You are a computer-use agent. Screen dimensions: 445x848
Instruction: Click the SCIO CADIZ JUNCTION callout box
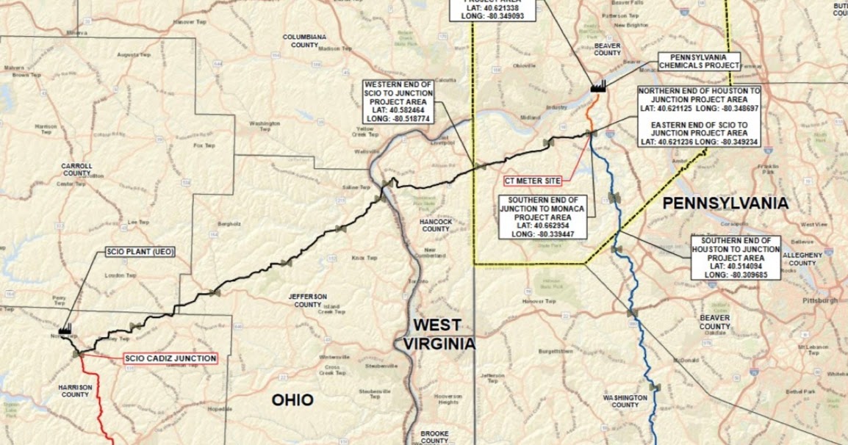tap(170, 358)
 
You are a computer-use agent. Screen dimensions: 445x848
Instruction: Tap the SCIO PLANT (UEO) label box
tap(140, 252)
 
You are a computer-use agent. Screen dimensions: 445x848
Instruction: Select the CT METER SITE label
tap(533, 179)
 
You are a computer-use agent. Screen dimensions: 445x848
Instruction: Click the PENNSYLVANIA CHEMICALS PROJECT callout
tap(698, 60)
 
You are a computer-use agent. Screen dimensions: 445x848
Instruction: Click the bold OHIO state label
tap(292, 400)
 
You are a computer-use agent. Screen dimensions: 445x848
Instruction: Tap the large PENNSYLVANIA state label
tap(725, 203)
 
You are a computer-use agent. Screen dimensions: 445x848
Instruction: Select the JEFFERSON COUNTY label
tap(307, 300)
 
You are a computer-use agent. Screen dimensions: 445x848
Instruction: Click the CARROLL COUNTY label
tap(76, 170)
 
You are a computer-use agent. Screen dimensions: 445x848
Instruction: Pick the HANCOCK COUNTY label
tap(436, 225)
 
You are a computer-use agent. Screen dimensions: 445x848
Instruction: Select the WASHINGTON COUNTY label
tap(625, 401)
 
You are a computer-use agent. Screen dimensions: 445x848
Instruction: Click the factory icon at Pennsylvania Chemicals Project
tap(597, 86)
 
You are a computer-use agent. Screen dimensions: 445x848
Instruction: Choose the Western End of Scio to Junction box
tap(398, 101)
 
